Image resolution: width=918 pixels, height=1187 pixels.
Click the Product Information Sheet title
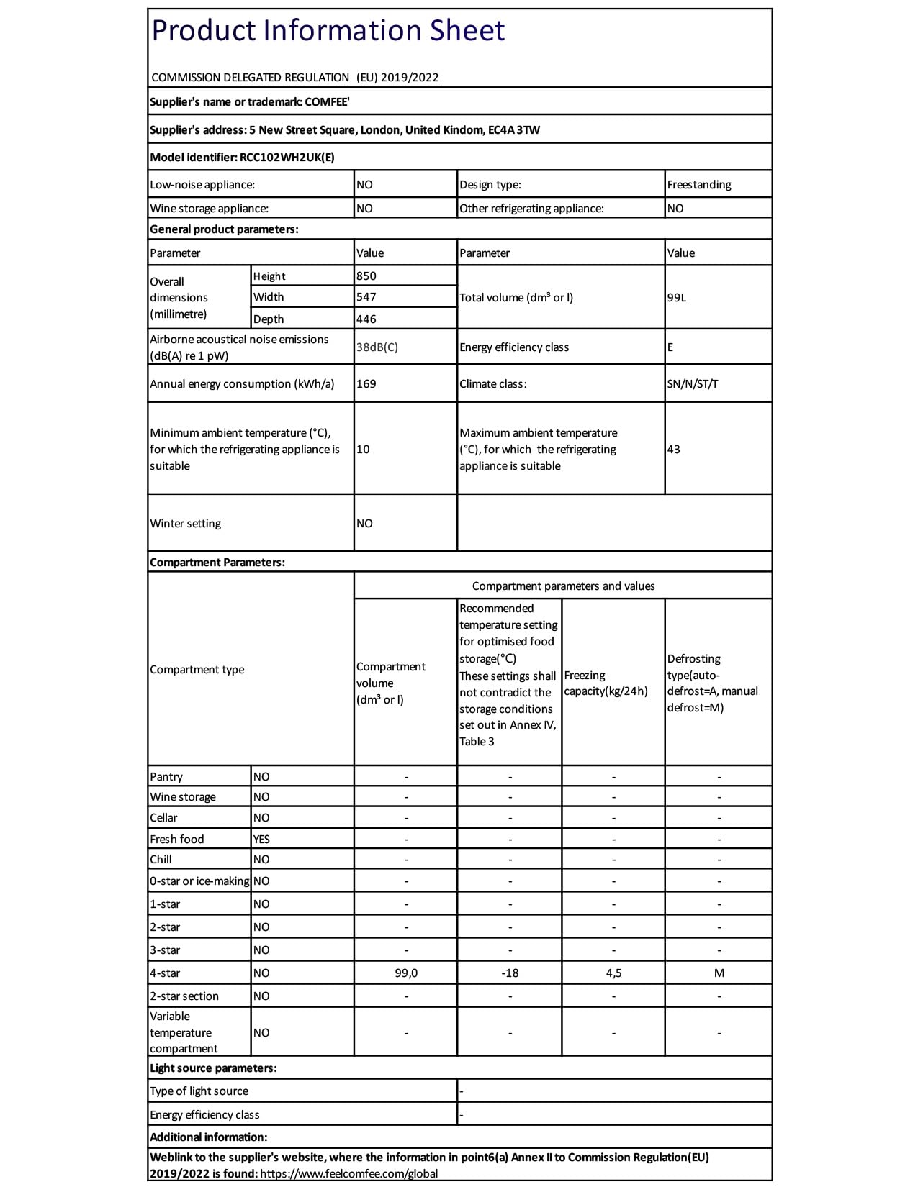pyautogui.click(x=328, y=31)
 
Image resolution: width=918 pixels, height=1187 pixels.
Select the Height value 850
pyautogui.click(x=366, y=276)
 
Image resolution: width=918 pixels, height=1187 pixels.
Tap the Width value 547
pyautogui.click(x=366, y=296)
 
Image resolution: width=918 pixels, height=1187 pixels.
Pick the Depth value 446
pyautogui.click(x=366, y=319)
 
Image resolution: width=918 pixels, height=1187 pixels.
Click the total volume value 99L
pyautogui.click(x=677, y=297)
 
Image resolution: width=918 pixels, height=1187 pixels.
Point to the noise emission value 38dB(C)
pyautogui.click(x=377, y=347)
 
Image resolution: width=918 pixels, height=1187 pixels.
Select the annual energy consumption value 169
pyautogui.click(x=366, y=383)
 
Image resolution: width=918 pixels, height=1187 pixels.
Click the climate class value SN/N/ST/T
pyautogui.click(x=693, y=383)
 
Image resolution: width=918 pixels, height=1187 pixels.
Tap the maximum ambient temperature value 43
pyautogui.click(x=674, y=449)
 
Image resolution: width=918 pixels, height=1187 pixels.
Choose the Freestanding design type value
pyautogui.click(x=699, y=184)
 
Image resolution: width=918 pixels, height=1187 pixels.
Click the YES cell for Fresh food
pyautogui.click(x=261, y=839)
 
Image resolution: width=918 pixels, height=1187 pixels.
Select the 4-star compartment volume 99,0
pyautogui.click(x=406, y=973)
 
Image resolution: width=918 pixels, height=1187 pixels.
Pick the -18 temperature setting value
pyautogui.click(x=510, y=973)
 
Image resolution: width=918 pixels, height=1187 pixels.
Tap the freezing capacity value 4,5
pyautogui.click(x=613, y=973)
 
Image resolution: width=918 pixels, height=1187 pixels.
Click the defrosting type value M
pyautogui.click(x=719, y=973)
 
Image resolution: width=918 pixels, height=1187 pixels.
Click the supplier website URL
pyautogui.click(x=348, y=1173)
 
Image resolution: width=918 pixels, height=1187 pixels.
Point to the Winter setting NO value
pyautogui.click(x=365, y=523)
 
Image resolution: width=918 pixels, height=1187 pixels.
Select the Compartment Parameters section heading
pyautogui.click(x=217, y=562)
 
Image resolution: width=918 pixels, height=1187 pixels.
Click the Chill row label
pyautogui.click(x=161, y=859)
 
